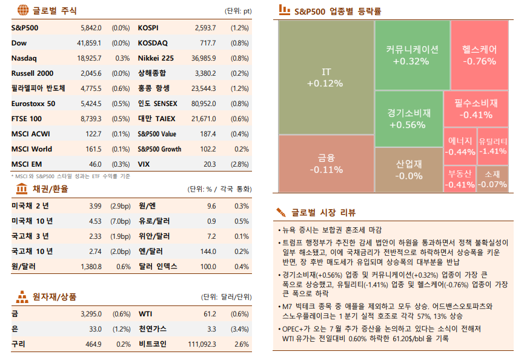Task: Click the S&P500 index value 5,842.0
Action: (91, 28)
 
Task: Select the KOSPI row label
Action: (148, 28)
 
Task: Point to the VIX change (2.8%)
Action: (240, 164)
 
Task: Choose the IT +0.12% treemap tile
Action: (325, 77)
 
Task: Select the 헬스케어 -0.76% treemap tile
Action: (479, 55)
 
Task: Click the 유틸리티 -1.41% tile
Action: (492, 146)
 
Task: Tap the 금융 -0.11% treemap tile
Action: (325, 164)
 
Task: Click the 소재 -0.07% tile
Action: (492, 179)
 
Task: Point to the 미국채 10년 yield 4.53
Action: (95, 221)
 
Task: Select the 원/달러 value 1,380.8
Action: (91, 266)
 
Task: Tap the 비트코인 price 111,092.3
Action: (202, 344)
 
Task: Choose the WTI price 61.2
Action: (210, 314)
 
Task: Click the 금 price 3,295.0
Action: (91, 314)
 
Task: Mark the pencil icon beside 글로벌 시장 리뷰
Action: (281, 212)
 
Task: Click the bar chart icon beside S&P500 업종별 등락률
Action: (283, 10)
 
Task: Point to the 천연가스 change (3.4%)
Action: (240, 329)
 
